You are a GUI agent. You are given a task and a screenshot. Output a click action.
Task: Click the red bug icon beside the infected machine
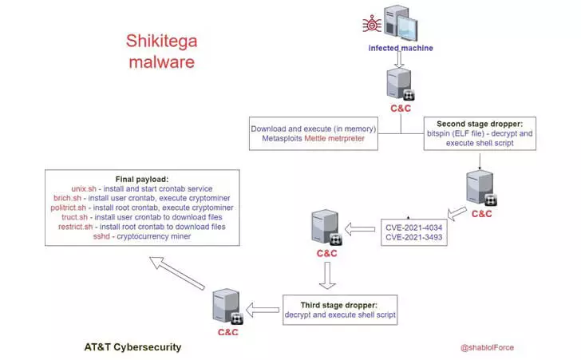(372, 24)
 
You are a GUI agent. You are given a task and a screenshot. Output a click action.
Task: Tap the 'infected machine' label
(401, 48)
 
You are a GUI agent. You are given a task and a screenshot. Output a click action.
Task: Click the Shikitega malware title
(161, 51)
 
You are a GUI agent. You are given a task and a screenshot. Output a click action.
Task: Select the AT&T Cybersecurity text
(132, 347)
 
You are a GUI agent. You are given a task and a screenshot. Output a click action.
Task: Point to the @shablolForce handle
(487, 347)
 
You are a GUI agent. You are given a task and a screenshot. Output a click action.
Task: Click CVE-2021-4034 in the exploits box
(414, 227)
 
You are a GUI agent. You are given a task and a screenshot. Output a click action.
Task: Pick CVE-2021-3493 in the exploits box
(414, 237)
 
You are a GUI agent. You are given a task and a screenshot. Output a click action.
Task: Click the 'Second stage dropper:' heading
(480, 124)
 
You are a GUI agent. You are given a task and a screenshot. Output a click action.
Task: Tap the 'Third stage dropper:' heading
(339, 305)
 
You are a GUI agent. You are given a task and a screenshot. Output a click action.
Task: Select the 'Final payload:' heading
(142, 180)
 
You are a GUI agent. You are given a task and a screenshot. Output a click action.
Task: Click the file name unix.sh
(84, 188)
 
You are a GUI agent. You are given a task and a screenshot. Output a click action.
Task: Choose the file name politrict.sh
(68, 208)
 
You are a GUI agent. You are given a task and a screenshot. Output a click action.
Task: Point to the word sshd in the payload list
(101, 236)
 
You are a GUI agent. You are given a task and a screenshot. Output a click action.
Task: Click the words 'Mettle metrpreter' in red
(334, 138)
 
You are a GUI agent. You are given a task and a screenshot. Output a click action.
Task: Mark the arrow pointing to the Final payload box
(176, 273)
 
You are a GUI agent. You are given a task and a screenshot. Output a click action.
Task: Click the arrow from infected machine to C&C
(399, 59)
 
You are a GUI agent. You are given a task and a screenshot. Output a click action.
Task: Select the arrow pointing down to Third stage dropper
(327, 275)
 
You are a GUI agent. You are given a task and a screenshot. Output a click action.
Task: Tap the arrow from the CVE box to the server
(360, 229)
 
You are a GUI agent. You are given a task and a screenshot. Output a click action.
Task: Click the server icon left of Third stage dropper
(228, 307)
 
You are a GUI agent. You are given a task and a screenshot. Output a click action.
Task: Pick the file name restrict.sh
(75, 227)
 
